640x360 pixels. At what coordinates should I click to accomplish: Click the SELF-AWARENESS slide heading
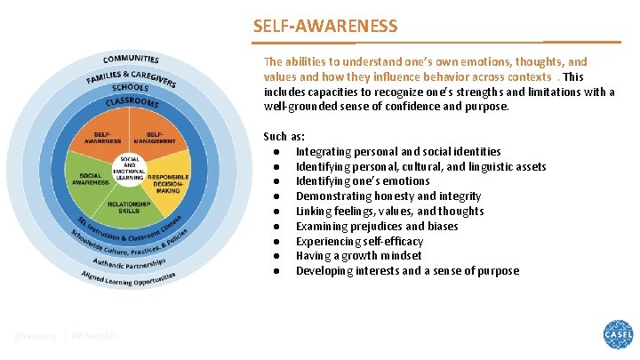tap(325, 26)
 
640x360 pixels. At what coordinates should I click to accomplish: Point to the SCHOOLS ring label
tap(131, 88)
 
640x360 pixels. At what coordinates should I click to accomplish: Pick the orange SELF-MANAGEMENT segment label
tap(154, 138)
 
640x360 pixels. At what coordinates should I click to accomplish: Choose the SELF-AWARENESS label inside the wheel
tap(102, 138)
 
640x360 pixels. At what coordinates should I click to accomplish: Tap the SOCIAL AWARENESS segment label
tap(95, 179)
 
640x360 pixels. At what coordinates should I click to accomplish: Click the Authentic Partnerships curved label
tap(131, 264)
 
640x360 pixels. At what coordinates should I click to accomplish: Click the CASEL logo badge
tap(618, 336)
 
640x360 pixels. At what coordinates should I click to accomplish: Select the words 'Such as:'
tap(284, 136)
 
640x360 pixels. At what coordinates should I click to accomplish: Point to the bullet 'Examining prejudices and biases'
tap(378, 226)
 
